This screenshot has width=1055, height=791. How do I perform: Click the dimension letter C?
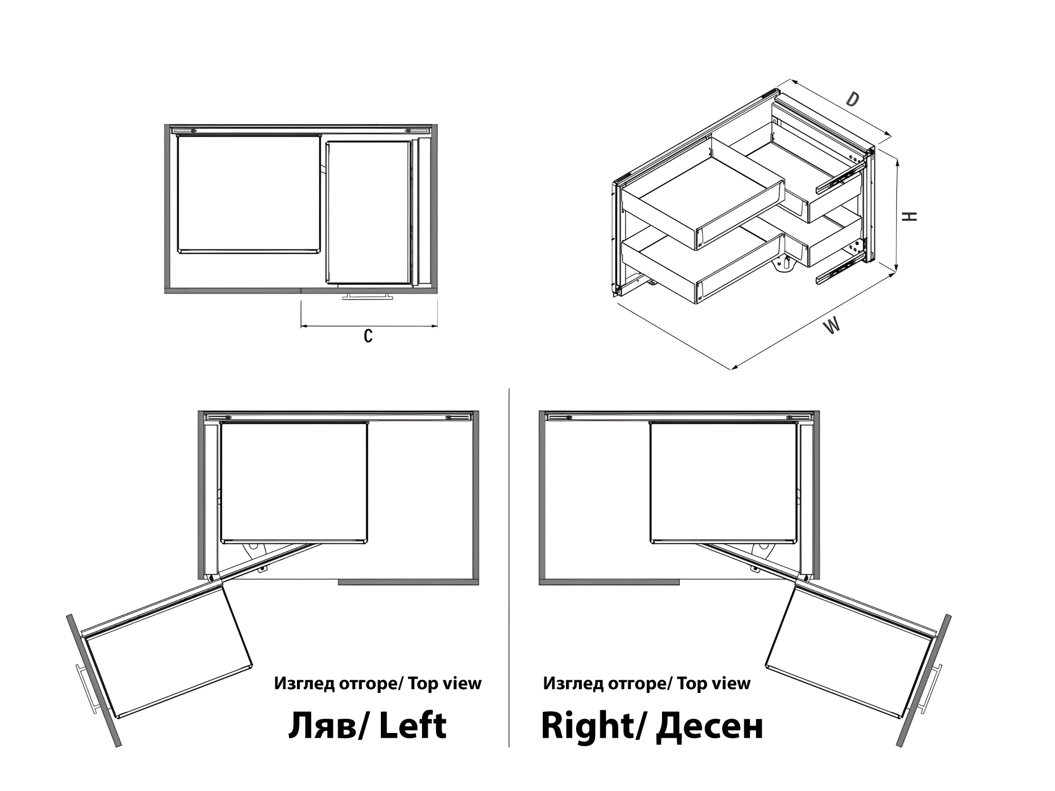tap(368, 336)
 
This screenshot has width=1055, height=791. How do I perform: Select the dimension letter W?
tap(832, 326)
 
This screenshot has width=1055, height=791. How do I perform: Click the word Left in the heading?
tap(413, 726)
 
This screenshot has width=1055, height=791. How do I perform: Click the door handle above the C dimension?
tap(368, 296)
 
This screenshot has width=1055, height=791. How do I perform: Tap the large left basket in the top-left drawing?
tap(249, 194)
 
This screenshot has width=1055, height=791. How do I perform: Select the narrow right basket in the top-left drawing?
tap(368, 212)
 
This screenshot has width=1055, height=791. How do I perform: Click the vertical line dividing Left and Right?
tap(509, 567)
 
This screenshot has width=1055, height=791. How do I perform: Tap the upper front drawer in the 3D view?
tap(704, 195)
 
